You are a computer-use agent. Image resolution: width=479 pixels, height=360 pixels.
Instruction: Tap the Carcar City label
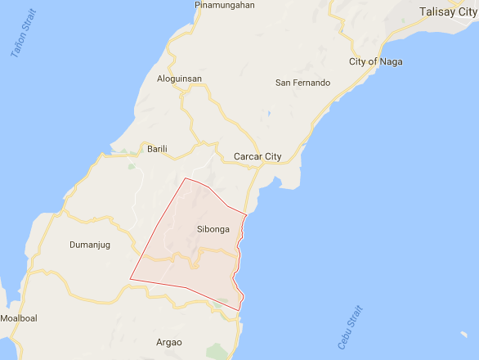click(x=257, y=156)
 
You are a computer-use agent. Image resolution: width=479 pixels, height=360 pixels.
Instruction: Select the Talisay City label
click(x=445, y=12)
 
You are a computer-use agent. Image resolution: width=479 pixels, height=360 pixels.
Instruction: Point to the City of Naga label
click(x=375, y=62)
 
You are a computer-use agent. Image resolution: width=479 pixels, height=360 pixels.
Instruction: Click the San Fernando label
click(x=302, y=83)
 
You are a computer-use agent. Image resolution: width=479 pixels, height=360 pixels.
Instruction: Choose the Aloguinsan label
click(x=179, y=79)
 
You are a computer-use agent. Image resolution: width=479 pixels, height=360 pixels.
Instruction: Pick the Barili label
click(x=157, y=149)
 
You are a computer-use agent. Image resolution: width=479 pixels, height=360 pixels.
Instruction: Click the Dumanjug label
click(x=90, y=245)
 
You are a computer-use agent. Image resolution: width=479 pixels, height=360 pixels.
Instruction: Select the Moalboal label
click(x=19, y=317)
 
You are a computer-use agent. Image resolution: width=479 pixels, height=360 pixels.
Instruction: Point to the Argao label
click(x=168, y=342)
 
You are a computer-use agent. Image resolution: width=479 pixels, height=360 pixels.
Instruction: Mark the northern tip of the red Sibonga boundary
click(x=186, y=178)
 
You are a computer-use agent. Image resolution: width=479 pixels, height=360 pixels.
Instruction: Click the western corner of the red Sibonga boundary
click(x=130, y=280)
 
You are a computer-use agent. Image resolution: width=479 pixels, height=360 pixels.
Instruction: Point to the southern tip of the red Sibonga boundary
click(x=240, y=311)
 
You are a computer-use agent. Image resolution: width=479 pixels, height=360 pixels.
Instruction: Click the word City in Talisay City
click(x=462, y=12)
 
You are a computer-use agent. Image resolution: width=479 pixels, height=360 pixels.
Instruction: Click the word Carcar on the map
click(x=248, y=156)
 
